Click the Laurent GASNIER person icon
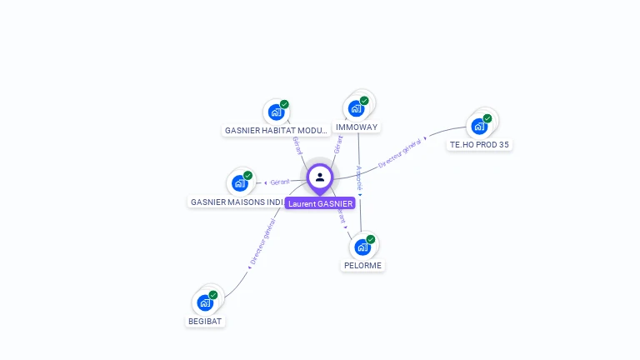point(320,177)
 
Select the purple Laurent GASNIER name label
point(320,203)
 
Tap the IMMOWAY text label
point(357,127)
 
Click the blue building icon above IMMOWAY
point(356,109)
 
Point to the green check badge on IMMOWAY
point(364,101)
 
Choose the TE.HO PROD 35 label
point(479,144)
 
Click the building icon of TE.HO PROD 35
point(478,127)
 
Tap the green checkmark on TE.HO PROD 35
point(487,118)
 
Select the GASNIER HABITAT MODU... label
point(277,131)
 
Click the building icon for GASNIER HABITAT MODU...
point(275,113)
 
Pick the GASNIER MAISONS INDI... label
point(237,202)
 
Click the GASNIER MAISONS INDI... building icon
point(239,183)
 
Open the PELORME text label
point(362,265)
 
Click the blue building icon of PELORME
point(362,247)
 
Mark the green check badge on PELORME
point(371,239)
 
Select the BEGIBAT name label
point(206,320)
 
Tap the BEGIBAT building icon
point(205,302)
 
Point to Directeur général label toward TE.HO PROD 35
point(400,153)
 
